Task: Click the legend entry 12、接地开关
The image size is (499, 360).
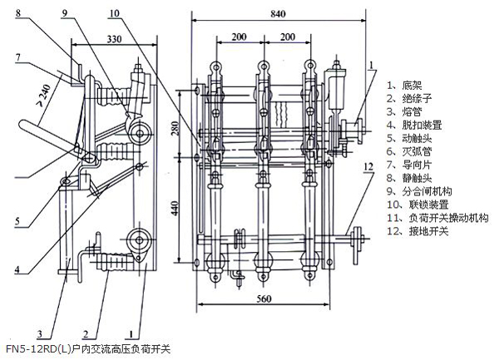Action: click(x=417, y=231)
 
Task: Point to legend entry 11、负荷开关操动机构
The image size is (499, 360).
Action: click(x=436, y=218)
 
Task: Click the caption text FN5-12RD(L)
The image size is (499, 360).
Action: click(x=37, y=349)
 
